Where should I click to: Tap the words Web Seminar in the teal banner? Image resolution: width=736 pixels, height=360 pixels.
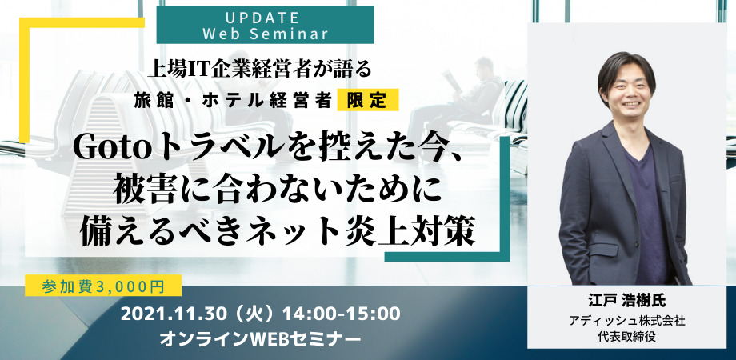click(265, 34)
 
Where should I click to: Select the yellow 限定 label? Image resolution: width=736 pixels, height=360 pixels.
click(367, 100)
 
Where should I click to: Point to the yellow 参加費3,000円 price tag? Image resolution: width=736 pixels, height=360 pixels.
click(103, 286)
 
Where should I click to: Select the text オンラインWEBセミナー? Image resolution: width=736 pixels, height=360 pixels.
click(261, 338)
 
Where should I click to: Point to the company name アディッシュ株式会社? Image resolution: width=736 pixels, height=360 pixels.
click(626, 322)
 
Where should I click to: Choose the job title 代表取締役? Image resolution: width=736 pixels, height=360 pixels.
click(626, 336)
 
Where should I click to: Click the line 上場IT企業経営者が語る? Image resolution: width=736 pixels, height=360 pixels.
click(259, 70)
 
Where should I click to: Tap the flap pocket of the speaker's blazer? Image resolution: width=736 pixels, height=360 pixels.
click(604, 247)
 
